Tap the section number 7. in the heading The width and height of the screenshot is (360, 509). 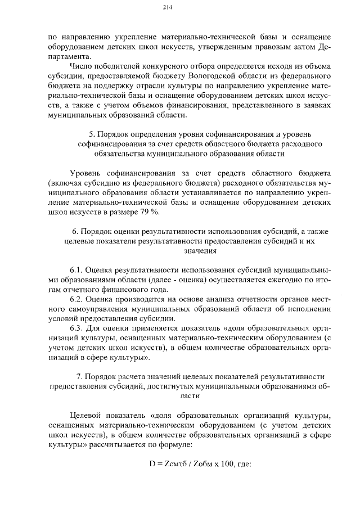coord(79,376)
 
